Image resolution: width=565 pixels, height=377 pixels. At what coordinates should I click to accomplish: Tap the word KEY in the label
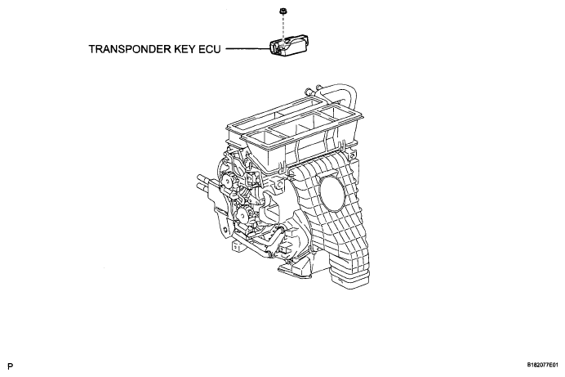185,49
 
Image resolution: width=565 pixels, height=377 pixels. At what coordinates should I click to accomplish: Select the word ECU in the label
210,49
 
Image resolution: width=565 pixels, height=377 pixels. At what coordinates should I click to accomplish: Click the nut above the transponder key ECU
282,12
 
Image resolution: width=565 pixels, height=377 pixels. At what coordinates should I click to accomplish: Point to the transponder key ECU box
289,45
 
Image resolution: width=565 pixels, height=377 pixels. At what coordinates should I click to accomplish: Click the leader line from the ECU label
248,49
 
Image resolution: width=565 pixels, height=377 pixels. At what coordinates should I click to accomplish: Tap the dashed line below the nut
283,28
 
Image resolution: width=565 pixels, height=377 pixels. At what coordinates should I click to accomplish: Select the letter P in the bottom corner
10,366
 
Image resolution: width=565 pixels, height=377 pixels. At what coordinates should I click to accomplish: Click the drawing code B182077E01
545,365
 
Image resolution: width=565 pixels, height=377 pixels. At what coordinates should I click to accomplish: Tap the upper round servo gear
227,181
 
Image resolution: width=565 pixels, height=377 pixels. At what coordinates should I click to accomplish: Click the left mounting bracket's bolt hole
225,230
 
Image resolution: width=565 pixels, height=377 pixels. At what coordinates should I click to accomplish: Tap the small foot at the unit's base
236,246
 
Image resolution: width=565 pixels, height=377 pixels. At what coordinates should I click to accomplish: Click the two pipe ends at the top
313,89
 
